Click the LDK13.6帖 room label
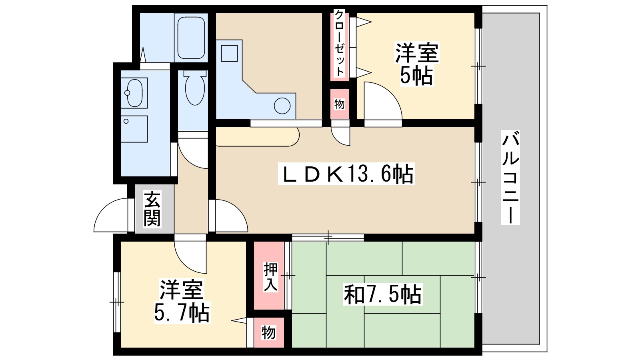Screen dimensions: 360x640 point(346,174)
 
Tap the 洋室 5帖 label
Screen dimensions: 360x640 point(417,64)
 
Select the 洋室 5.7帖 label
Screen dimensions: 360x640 point(182,301)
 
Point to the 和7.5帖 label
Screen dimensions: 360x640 point(382,295)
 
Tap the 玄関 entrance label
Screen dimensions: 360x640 point(152,209)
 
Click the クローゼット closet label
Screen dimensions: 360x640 point(339,43)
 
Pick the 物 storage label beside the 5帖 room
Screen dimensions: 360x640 point(339,104)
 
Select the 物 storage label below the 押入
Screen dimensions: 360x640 point(269,332)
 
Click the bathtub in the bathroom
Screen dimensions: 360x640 point(191,38)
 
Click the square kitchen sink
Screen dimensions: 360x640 point(229,53)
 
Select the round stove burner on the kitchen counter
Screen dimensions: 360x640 point(282,106)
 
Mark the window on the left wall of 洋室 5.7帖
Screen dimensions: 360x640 point(116,302)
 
